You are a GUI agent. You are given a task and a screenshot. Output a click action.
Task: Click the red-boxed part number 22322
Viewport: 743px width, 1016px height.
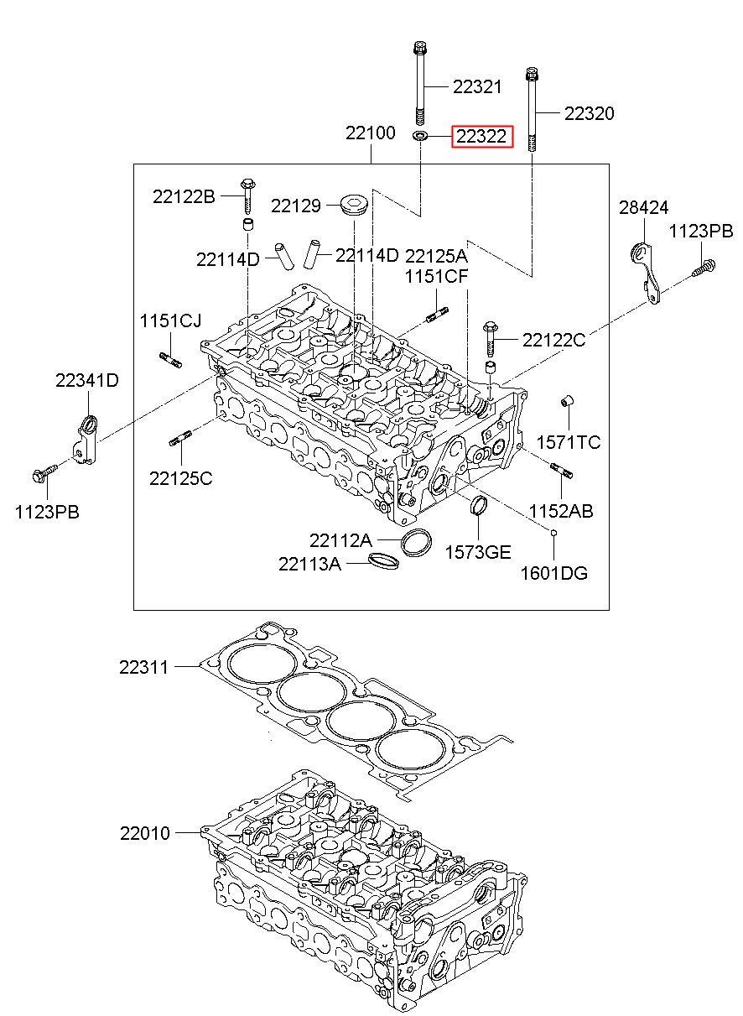(x=481, y=136)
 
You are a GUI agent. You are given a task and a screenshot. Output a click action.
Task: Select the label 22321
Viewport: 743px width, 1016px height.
(x=477, y=86)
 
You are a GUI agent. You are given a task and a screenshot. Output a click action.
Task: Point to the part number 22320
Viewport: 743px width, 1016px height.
(x=589, y=113)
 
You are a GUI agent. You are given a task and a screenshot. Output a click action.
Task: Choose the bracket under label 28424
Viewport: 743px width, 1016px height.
(x=646, y=273)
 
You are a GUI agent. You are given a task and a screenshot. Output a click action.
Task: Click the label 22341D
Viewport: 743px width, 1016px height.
(x=87, y=380)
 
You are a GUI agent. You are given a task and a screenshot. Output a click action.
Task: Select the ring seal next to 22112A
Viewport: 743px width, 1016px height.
(x=417, y=543)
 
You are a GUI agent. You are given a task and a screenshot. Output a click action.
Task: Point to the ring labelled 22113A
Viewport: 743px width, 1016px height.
(x=384, y=560)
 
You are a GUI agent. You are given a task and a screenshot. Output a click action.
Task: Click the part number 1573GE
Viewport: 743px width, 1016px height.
(x=478, y=552)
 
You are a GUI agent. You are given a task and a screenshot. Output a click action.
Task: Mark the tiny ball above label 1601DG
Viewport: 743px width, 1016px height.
(x=553, y=533)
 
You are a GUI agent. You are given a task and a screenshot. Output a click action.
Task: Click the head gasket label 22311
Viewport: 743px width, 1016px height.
(x=143, y=667)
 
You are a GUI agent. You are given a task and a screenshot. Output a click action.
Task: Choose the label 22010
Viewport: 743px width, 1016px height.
(x=145, y=833)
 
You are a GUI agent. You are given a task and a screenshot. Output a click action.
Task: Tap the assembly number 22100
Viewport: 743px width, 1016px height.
(x=371, y=133)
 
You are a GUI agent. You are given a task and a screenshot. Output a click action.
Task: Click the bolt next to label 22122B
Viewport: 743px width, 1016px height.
(x=247, y=196)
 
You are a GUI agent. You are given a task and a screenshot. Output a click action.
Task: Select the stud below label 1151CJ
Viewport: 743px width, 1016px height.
(x=170, y=360)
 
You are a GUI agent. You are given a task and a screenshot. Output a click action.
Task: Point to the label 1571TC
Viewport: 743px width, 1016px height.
(x=569, y=442)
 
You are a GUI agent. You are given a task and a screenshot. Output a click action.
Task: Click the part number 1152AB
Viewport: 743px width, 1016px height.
(x=561, y=511)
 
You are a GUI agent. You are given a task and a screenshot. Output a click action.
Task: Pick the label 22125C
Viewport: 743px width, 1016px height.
(x=181, y=478)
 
